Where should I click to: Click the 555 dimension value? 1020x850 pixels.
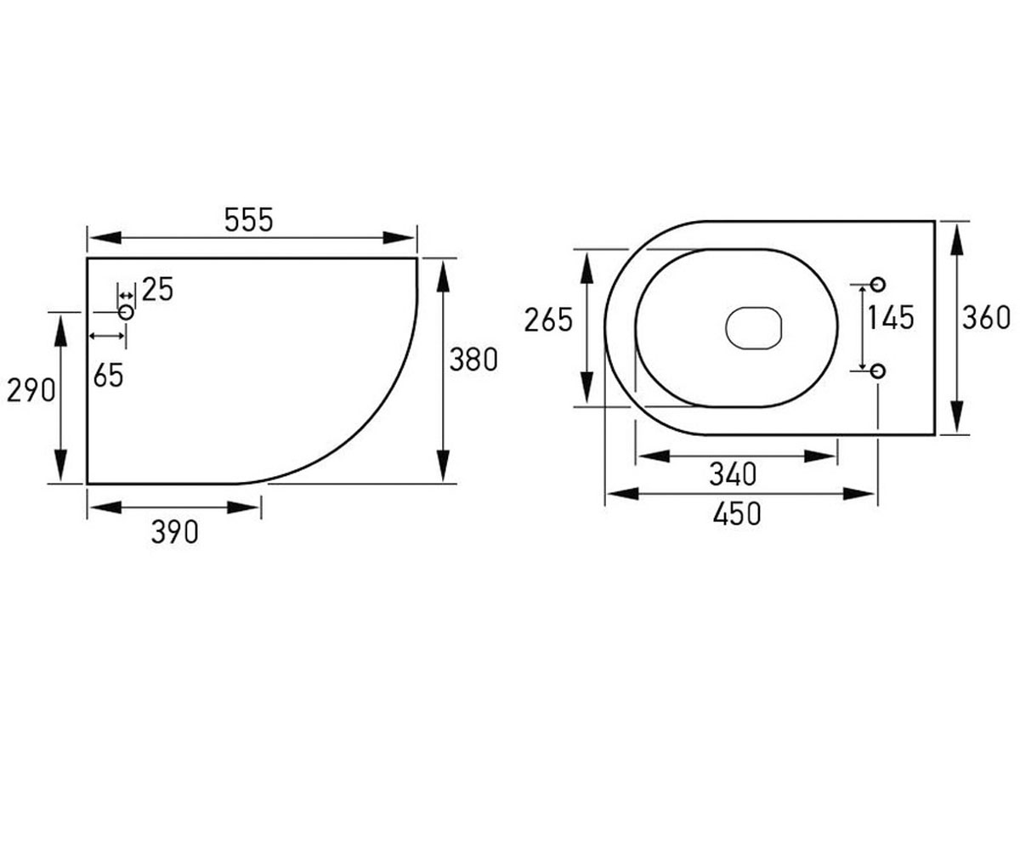(x=249, y=220)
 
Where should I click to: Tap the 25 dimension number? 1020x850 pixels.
(x=157, y=289)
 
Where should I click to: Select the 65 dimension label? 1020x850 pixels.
(x=109, y=375)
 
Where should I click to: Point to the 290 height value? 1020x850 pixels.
(x=31, y=391)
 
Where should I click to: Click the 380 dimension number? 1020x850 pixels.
(x=473, y=360)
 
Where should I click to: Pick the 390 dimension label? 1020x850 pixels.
(x=175, y=532)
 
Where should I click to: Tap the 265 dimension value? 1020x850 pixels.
(x=548, y=320)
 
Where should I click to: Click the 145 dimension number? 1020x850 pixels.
(x=890, y=318)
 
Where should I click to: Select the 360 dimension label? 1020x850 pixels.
(x=986, y=318)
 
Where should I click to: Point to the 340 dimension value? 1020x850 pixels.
(x=734, y=473)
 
